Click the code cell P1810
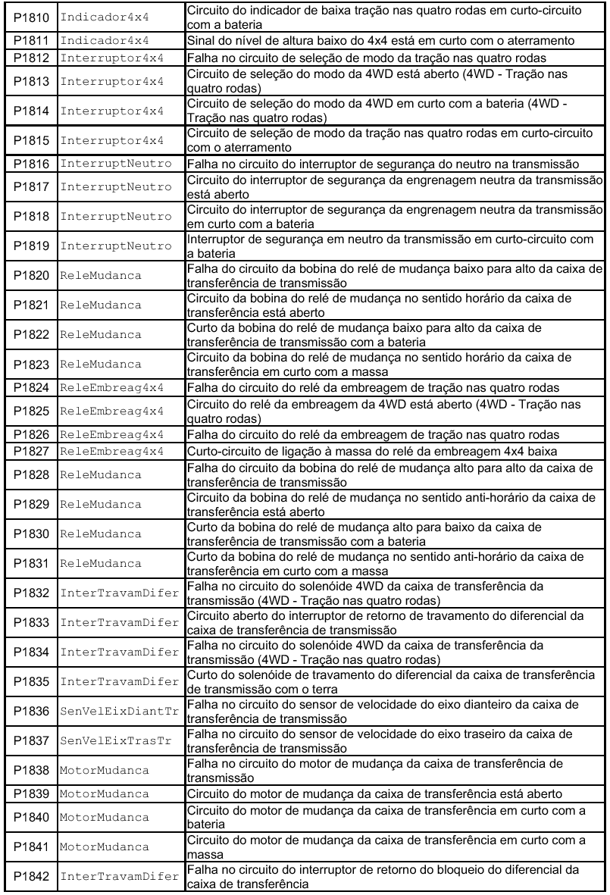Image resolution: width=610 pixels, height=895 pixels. [32, 17]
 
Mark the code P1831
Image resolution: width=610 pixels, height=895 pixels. [32, 565]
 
